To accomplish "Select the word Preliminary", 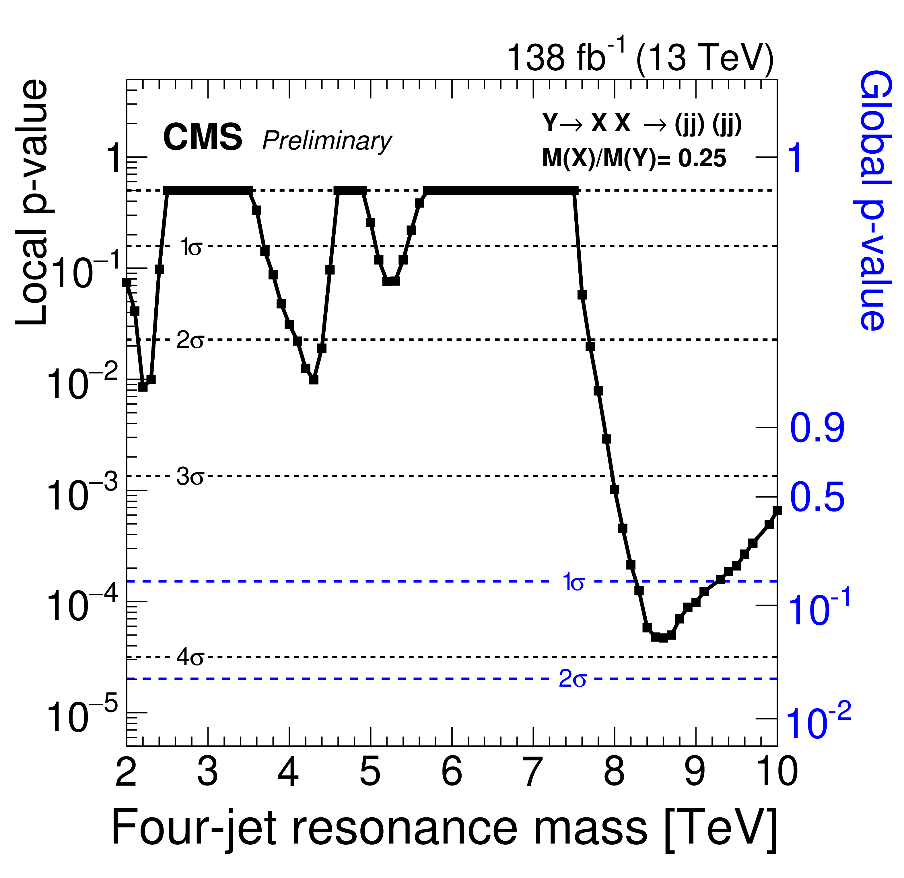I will click(326, 141).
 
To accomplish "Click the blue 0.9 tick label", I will click(817, 429).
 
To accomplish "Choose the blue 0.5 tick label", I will click(817, 498).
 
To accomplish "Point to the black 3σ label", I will click(190, 477).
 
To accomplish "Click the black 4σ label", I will click(190, 658).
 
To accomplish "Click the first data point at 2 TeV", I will click(127, 283).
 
